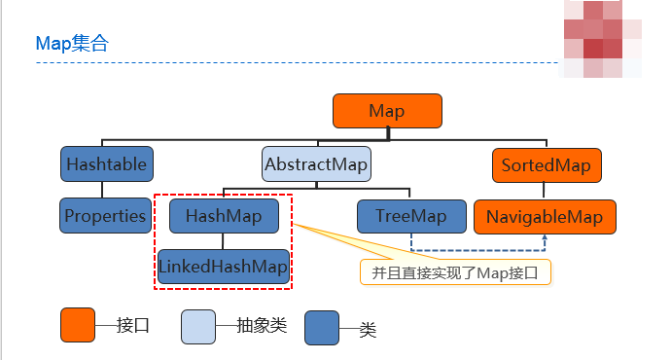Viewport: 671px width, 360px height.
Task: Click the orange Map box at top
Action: [x=387, y=111]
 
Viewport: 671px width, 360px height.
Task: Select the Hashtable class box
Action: [x=107, y=163]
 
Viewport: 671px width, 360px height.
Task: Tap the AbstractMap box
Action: [x=317, y=163]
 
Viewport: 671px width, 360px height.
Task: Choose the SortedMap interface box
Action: [x=547, y=163]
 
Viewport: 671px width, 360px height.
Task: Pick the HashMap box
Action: [x=225, y=215]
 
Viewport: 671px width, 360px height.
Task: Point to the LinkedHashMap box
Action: [x=225, y=266]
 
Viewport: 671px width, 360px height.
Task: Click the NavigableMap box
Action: [x=546, y=215]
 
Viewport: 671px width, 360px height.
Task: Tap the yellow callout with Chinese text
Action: [x=455, y=271]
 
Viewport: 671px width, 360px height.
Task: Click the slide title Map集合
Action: [x=72, y=43]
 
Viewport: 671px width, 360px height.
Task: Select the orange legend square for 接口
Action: [x=78, y=326]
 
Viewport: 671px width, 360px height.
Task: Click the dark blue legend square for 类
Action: [x=322, y=328]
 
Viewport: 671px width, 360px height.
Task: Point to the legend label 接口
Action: [x=132, y=327]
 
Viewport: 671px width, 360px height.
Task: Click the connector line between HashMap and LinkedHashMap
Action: [x=225, y=240]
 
